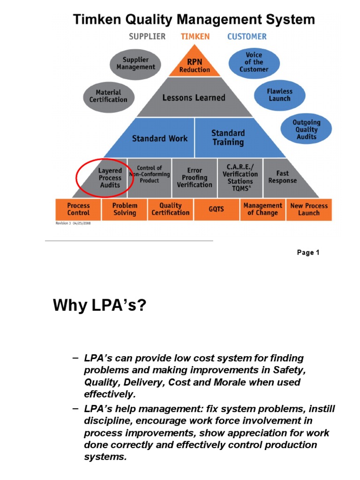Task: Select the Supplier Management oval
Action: [x=136, y=63]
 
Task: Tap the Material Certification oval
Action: [x=108, y=96]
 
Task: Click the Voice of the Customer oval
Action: [x=254, y=62]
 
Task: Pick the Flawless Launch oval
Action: [x=279, y=95]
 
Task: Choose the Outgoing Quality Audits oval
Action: [x=306, y=129]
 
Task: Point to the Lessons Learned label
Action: [x=194, y=98]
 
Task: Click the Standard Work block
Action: [x=159, y=139]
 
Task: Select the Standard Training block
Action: [x=228, y=138]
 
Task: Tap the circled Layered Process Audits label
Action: [x=110, y=178]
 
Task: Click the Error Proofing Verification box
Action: [x=195, y=178]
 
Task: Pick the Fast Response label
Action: [x=282, y=177]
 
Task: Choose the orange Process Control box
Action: [x=78, y=209]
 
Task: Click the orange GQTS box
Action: [x=216, y=210]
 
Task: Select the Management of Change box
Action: [x=262, y=209]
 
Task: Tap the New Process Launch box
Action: [x=309, y=209]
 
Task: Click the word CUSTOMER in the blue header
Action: [x=247, y=37]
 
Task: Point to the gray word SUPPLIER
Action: [x=147, y=37]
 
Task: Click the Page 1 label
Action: [x=308, y=253]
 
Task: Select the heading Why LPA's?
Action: [x=99, y=306]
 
